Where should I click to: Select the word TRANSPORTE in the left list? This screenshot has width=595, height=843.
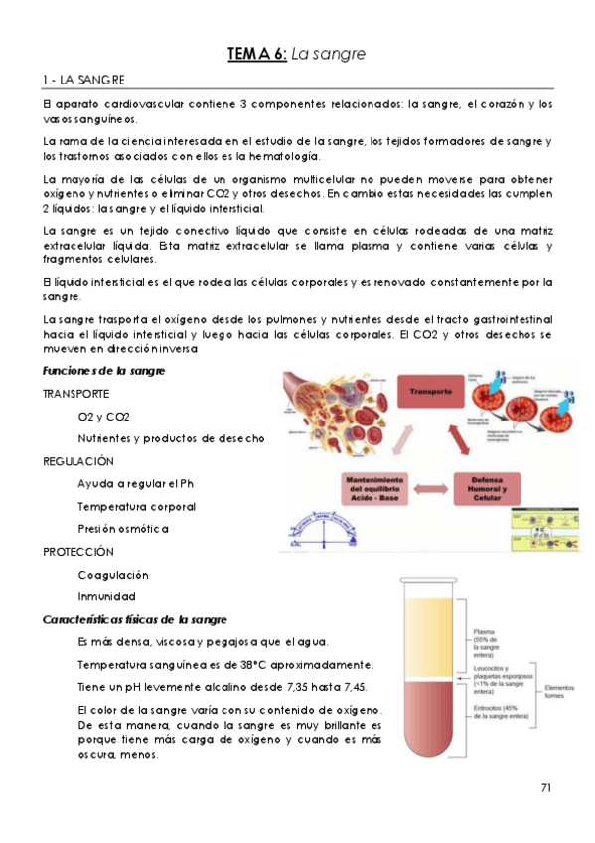click(76, 394)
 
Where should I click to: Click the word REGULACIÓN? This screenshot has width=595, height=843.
click(78, 461)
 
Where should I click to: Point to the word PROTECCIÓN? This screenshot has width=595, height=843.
click(78, 551)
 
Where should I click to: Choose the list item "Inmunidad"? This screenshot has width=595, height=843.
click(106, 596)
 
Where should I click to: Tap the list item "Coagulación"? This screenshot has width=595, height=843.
click(113, 575)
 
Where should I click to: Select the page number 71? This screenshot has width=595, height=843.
click(546, 788)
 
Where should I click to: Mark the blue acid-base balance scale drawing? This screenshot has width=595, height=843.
click(328, 532)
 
